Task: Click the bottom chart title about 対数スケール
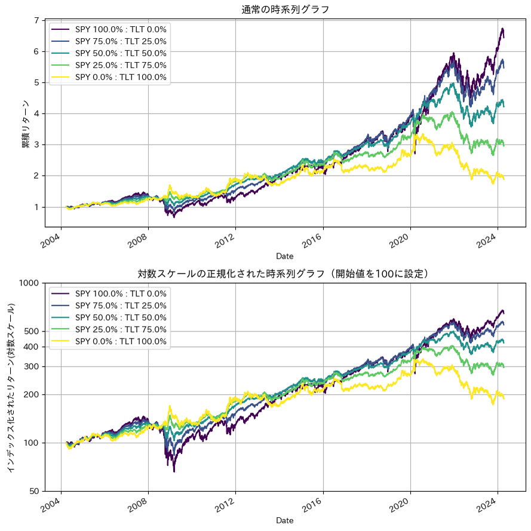click(285, 274)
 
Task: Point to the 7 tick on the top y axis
click(36, 21)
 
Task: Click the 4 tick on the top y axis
click(36, 114)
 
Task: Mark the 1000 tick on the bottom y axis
click(29, 283)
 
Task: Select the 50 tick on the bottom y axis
click(33, 491)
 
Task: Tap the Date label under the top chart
click(285, 256)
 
